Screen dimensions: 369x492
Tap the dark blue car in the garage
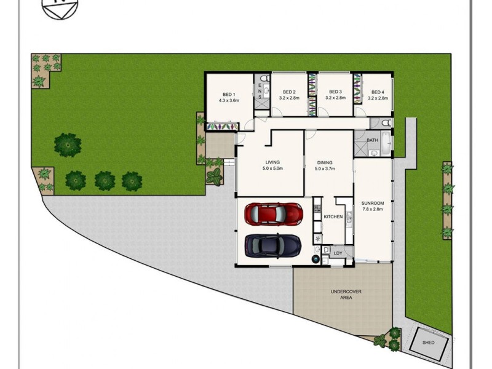(274, 246)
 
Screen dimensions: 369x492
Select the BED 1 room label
(229, 93)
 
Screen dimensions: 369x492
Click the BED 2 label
(289, 92)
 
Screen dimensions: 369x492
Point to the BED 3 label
(335, 92)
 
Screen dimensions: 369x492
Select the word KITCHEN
(333, 217)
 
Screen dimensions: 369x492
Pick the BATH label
(372, 140)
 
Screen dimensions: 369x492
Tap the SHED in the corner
(429, 343)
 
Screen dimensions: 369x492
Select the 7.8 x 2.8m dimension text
(373, 209)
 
